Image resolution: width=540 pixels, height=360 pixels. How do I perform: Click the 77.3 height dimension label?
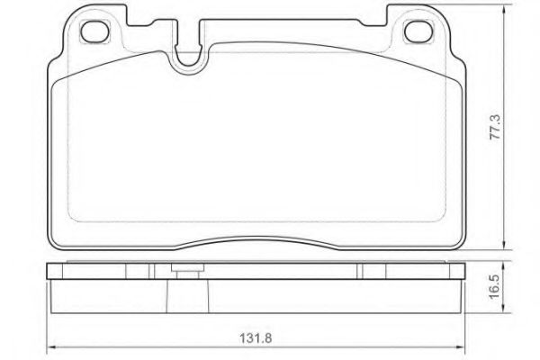click(495, 127)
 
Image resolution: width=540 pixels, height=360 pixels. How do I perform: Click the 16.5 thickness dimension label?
click(495, 286)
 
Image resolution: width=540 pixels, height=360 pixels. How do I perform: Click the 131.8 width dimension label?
click(256, 338)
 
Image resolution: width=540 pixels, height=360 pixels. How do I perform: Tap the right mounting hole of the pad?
click(418, 31)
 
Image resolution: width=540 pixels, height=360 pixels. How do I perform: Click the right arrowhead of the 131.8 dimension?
click(461, 346)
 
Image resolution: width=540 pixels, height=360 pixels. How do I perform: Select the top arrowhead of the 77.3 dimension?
click(504, 9)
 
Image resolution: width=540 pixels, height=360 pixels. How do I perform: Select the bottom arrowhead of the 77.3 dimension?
click(504, 245)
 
